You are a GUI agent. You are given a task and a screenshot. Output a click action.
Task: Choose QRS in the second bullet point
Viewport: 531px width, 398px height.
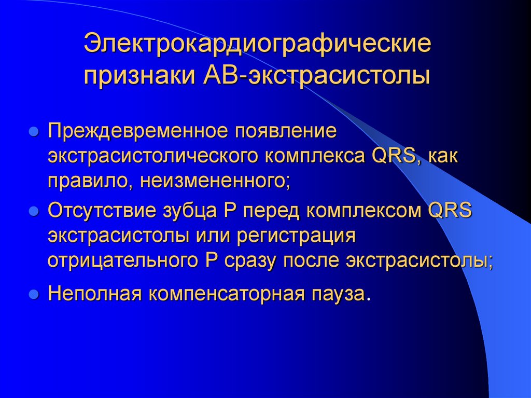[446, 211]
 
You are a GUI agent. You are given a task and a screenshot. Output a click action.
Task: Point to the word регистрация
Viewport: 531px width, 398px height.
[296, 236]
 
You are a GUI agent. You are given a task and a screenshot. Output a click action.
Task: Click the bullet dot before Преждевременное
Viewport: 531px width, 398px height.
[34, 131]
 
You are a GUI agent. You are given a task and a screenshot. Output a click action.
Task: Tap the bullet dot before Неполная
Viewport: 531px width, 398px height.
[34, 294]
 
